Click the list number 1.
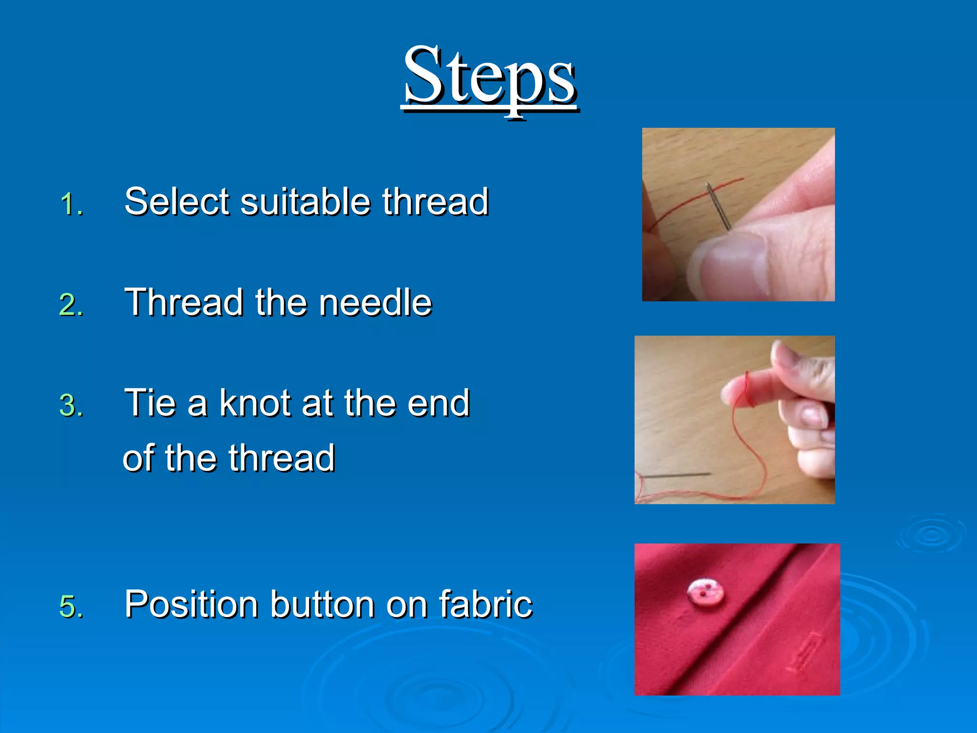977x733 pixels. (72, 205)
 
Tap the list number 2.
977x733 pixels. (72, 305)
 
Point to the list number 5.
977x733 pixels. (72, 607)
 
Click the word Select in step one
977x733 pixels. (177, 201)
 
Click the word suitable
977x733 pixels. (305, 201)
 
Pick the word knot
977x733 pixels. (255, 403)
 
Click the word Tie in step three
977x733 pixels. (152, 403)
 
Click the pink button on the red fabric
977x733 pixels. (705, 593)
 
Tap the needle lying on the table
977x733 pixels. (677, 475)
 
